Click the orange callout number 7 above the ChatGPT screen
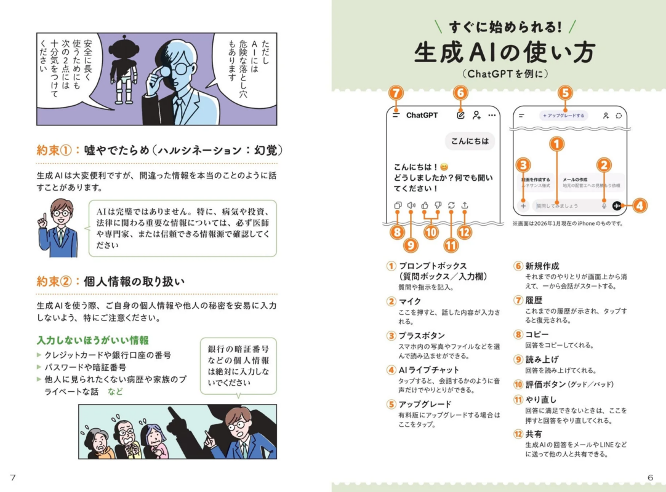pos(397,93)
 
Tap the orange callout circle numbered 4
pos(640,206)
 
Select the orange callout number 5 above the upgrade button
pos(565,93)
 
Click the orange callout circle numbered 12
pos(465,232)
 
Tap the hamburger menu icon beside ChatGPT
pos(396,115)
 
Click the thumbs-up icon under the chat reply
pos(425,206)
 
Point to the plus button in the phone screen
pos(523,206)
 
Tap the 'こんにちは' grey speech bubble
pos(470,141)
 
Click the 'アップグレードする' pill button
pos(564,115)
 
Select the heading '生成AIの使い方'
pos(504,53)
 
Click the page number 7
pos(12,478)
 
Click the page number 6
pos(650,478)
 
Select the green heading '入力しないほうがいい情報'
pos(92,340)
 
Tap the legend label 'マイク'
pos(410,301)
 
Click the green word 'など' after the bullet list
pos(115,391)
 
